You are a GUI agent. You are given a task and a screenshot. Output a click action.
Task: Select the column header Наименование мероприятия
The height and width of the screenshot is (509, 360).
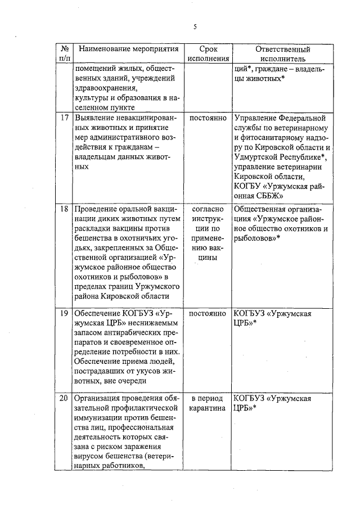[124, 49]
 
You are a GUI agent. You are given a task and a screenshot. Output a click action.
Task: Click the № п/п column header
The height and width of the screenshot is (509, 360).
[64, 53]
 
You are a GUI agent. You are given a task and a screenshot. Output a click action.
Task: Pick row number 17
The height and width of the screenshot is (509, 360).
[64, 119]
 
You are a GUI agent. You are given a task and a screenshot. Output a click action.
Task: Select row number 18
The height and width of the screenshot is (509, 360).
[64, 209]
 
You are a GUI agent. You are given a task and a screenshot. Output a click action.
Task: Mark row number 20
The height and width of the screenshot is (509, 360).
[64, 398]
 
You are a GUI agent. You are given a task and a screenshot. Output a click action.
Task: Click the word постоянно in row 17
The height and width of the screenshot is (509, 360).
[208, 119]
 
